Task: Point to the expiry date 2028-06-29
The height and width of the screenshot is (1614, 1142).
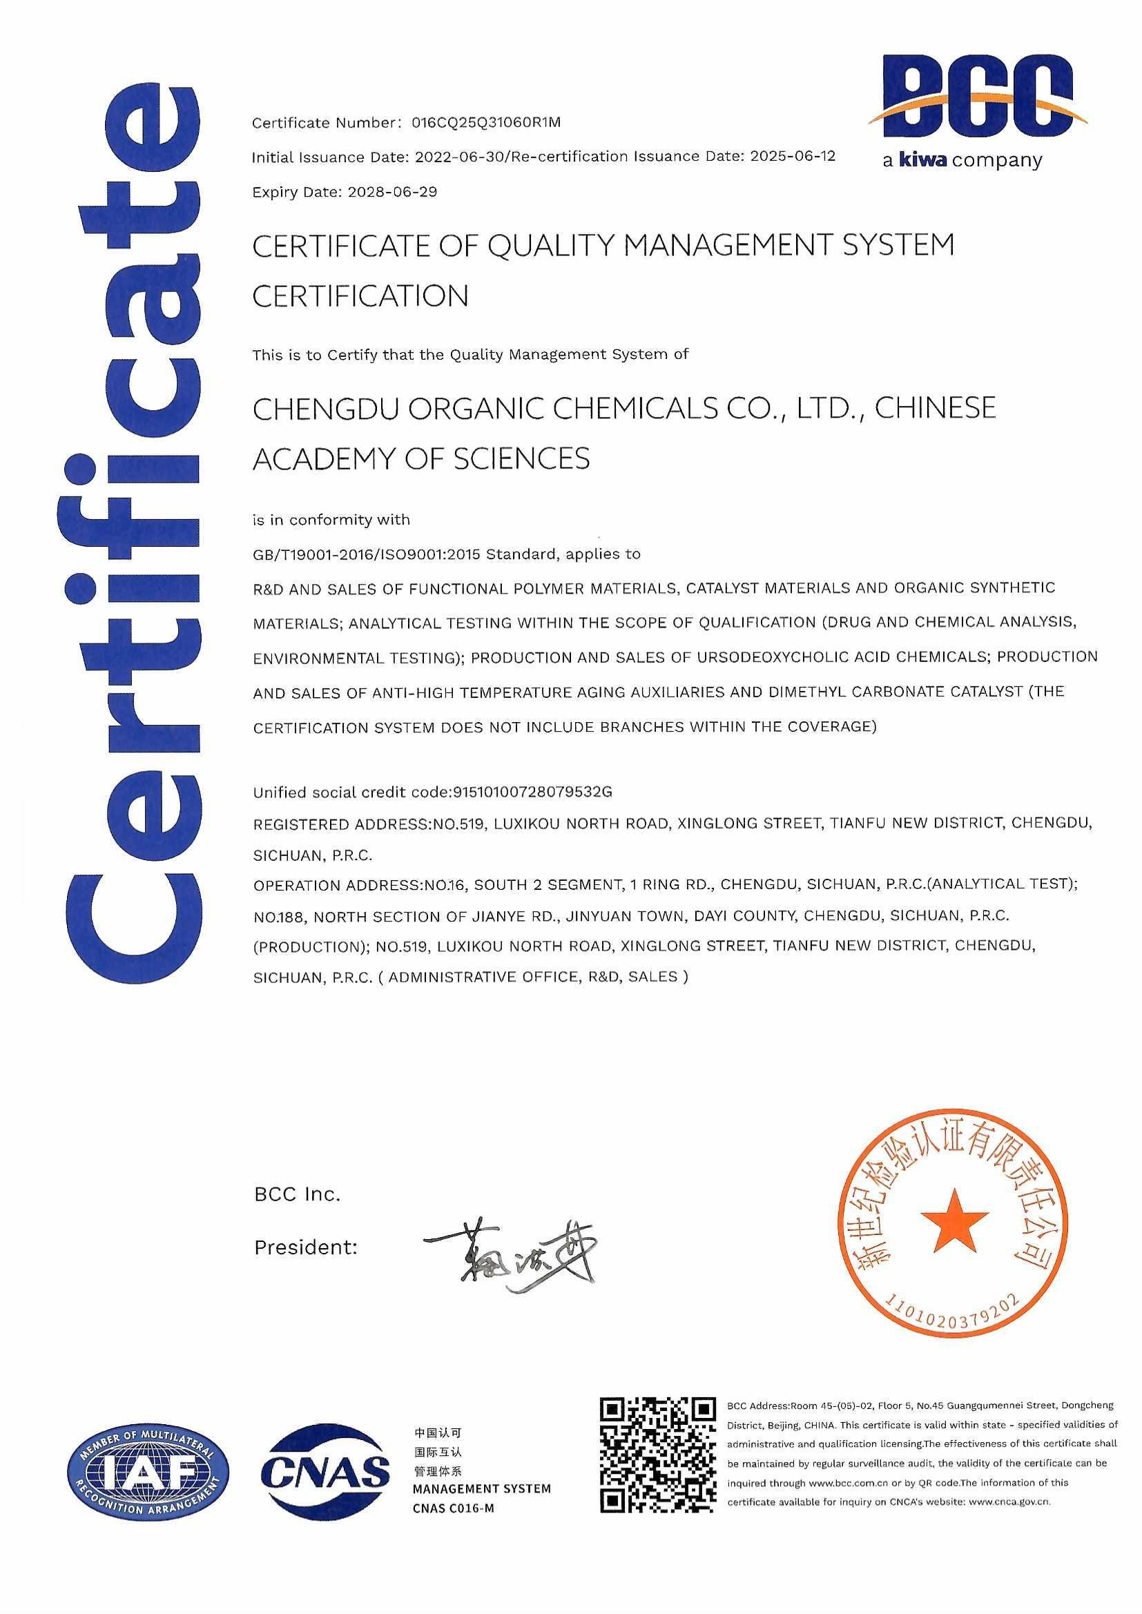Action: coord(392,192)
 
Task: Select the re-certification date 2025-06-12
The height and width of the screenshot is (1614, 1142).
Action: coord(793,156)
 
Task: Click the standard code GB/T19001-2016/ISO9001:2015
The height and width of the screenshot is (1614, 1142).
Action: coord(367,554)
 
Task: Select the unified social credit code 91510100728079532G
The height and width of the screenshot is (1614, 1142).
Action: coord(533,793)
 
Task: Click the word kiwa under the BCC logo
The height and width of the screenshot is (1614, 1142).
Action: coord(924,161)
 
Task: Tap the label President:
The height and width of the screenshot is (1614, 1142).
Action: coord(306,1247)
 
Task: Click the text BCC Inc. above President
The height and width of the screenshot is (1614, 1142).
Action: coord(297,1194)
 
